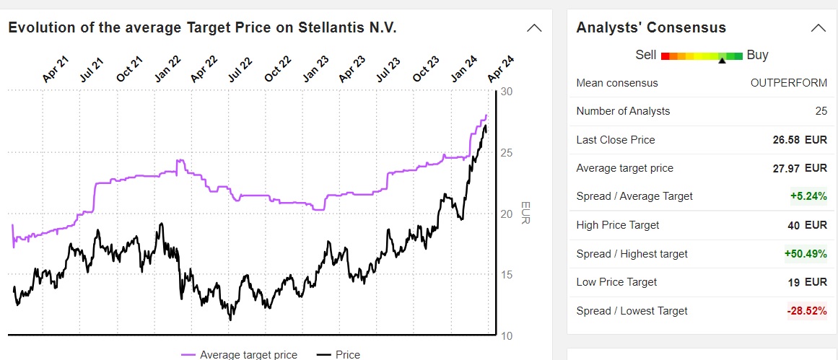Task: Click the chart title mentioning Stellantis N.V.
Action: click(202, 27)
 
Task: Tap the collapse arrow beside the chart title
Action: click(534, 28)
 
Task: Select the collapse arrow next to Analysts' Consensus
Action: click(818, 28)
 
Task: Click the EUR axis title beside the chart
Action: click(525, 212)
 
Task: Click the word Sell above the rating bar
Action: click(646, 55)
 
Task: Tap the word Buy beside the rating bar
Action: click(757, 55)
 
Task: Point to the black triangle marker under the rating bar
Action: click(722, 61)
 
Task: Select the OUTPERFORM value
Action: click(789, 82)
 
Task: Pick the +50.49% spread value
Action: click(806, 254)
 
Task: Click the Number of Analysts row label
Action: click(623, 111)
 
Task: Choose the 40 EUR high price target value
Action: click(807, 225)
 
